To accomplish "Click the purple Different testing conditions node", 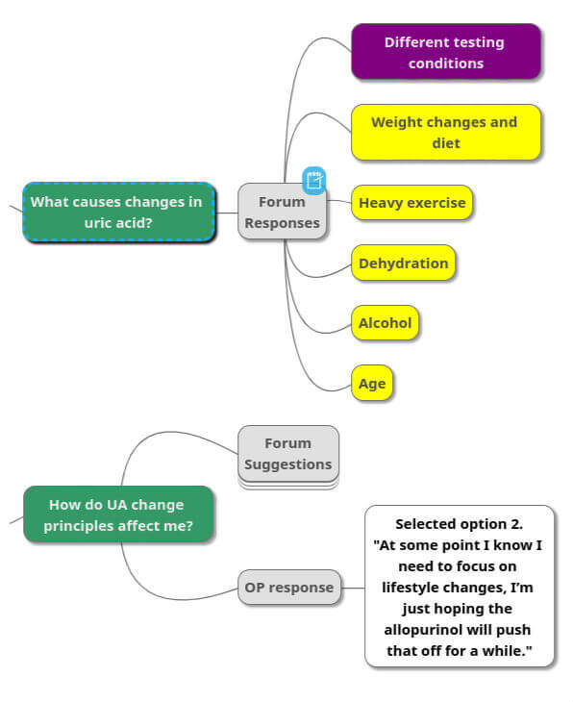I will click(445, 52).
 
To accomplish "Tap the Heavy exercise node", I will click(411, 203).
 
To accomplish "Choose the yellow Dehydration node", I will click(403, 263).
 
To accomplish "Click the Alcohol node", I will click(385, 323).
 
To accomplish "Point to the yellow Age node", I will click(372, 384).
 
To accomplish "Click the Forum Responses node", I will click(282, 212).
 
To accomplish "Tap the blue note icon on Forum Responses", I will click(314, 180).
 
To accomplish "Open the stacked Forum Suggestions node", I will click(287, 454).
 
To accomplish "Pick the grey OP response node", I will click(288, 587).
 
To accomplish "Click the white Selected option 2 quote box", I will click(460, 586).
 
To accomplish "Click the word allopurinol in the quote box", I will click(460, 630).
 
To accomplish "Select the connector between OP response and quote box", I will click(353, 587).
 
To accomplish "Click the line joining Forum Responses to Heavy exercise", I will click(338, 201).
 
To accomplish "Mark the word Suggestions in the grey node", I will click(287, 464).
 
